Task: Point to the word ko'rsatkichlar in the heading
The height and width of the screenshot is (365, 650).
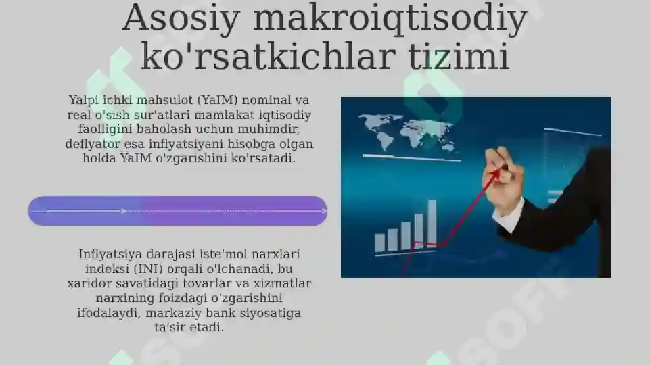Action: pyautogui.click(x=266, y=57)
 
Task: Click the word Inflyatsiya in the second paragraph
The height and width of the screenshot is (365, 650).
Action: pyautogui.click(x=113, y=255)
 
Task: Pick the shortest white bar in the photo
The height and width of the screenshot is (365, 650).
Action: pyautogui.click(x=379, y=242)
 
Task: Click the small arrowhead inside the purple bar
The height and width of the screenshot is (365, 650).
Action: pyautogui.click(x=124, y=211)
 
